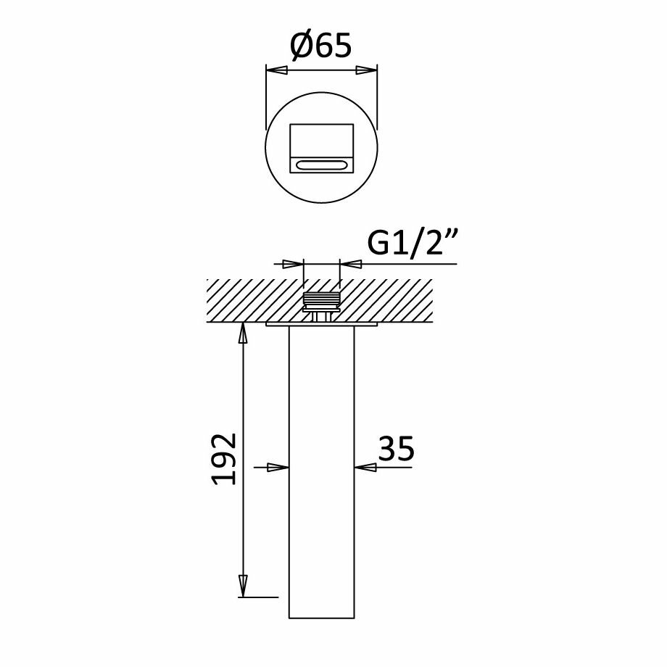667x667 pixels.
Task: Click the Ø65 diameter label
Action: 321,45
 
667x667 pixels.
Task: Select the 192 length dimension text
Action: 224,459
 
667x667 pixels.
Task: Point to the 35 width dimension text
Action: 396,448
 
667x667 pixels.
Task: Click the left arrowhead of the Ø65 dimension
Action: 276,70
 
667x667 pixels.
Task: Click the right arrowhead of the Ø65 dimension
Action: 367,70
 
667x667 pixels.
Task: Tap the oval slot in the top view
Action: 322,165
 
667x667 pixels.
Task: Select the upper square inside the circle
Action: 322,141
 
